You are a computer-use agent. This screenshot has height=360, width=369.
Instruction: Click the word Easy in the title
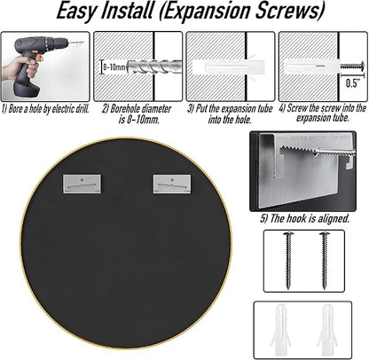[x=76, y=12]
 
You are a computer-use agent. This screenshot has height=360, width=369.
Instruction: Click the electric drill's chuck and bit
[x=70, y=42]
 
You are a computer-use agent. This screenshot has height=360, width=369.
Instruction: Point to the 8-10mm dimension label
[x=114, y=67]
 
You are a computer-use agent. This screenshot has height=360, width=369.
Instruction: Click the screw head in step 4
[x=361, y=65]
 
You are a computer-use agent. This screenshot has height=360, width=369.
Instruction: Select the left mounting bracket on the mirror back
[x=82, y=184]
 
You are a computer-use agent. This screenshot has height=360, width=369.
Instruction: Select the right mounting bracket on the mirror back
[x=172, y=184]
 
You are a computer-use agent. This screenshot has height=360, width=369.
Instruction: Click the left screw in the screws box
[x=287, y=261]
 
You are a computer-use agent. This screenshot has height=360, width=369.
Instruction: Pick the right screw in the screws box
[x=325, y=261]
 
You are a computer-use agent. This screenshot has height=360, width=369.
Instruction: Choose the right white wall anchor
[x=326, y=330]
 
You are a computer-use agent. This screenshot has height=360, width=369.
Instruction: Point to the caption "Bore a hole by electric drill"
[x=45, y=109]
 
